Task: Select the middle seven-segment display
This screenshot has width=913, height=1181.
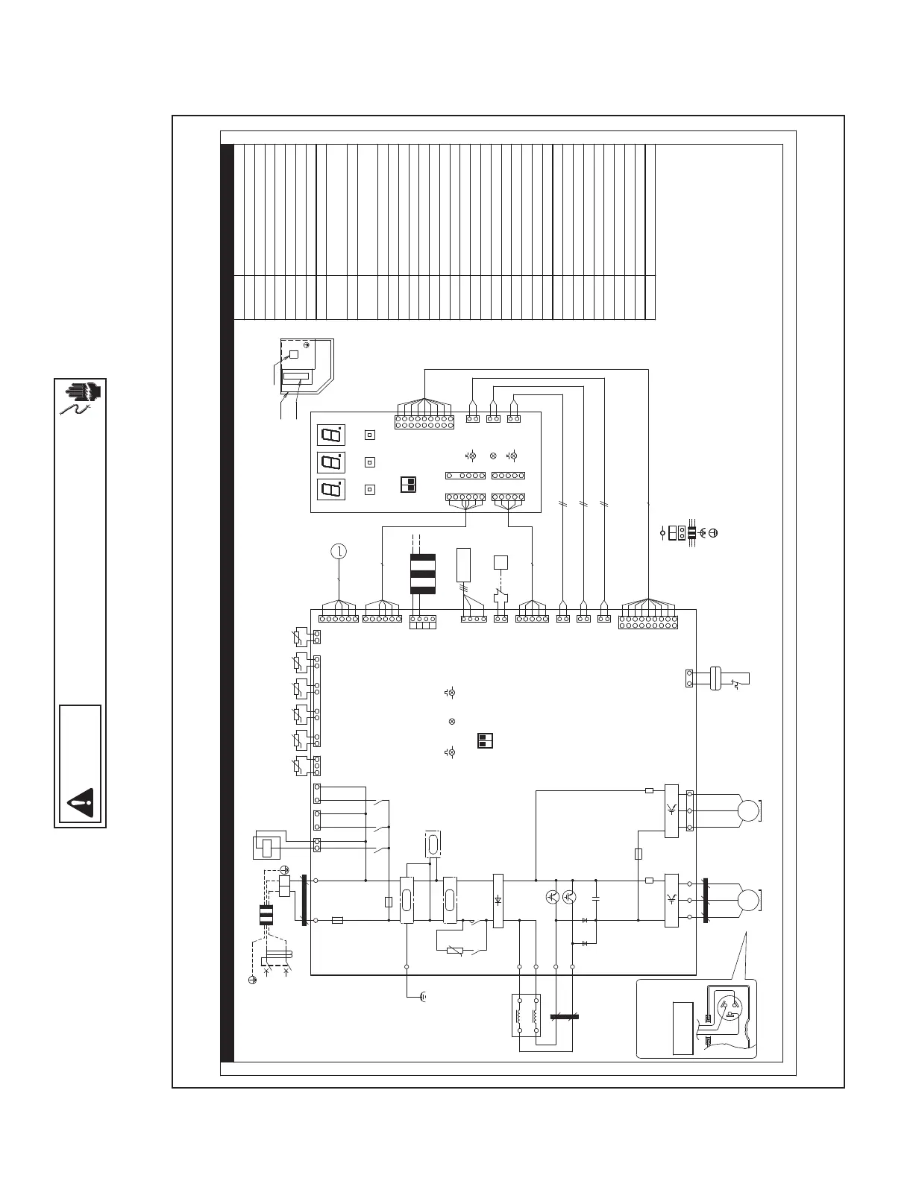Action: tap(331, 462)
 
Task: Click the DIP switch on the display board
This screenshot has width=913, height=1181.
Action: tap(408, 485)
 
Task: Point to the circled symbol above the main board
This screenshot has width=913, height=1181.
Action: tap(339, 552)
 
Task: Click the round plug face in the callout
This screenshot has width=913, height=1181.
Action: tap(730, 1010)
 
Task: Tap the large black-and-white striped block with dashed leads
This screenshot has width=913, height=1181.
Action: tap(422, 574)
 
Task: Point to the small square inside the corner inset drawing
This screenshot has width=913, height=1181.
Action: tap(294, 354)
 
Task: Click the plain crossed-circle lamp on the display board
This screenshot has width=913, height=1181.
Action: tap(493, 456)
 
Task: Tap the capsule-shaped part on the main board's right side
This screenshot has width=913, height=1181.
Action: tap(715, 678)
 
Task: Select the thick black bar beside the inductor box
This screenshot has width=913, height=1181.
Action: tap(565, 1016)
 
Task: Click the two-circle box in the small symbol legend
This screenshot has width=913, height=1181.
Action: tap(682, 533)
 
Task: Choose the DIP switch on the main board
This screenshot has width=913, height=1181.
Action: tap(485, 740)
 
